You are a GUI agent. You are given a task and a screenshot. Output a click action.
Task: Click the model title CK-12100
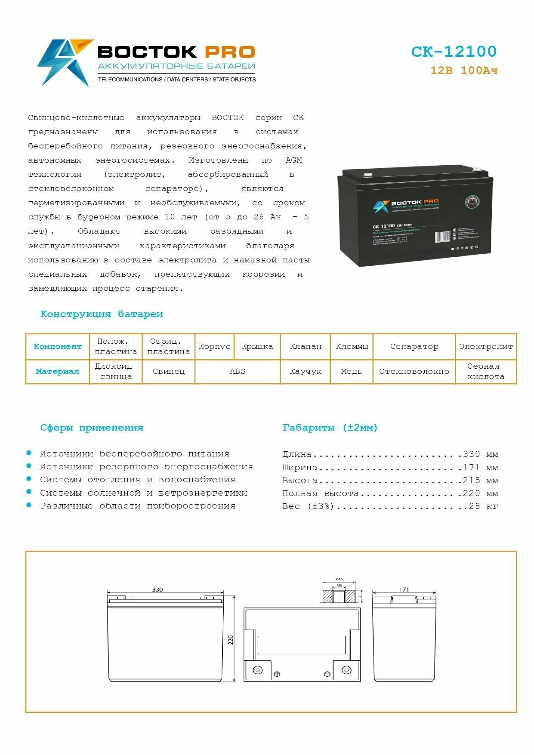tap(454, 52)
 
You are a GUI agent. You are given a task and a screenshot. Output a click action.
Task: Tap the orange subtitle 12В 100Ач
tap(464, 71)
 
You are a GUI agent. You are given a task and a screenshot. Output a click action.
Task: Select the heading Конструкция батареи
tap(102, 314)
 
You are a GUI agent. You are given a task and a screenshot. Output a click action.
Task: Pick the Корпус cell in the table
tap(214, 346)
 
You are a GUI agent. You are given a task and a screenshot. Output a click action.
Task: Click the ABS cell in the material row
tap(238, 371)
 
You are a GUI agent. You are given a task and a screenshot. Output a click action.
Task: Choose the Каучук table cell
tap(305, 371)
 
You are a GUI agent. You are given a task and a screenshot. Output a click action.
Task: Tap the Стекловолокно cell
tap(414, 371)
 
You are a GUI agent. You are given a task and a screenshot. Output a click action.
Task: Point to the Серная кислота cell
tap(486, 371)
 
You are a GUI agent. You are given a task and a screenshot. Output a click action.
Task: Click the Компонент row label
tap(58, 346)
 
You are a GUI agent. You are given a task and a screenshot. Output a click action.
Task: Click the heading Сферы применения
tap(92, 428)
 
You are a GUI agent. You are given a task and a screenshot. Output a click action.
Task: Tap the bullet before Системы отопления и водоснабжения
tap(29, 479)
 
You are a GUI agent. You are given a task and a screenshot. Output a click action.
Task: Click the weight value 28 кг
tap(483, 506)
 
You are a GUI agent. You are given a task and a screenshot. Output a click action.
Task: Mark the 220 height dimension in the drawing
tap(230, 640)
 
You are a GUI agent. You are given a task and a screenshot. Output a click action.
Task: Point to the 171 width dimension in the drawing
tap(404, 589)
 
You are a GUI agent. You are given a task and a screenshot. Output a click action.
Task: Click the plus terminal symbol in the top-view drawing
tap(277, 674)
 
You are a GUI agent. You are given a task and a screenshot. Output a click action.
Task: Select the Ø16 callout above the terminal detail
tap(339, 579)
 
